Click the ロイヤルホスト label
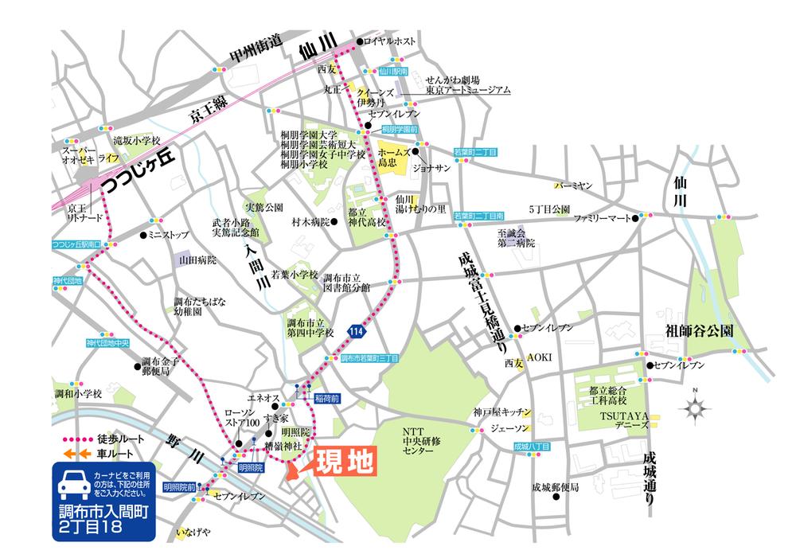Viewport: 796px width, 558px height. tap(390, 41)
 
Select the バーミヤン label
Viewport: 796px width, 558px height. tap(575, 185)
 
